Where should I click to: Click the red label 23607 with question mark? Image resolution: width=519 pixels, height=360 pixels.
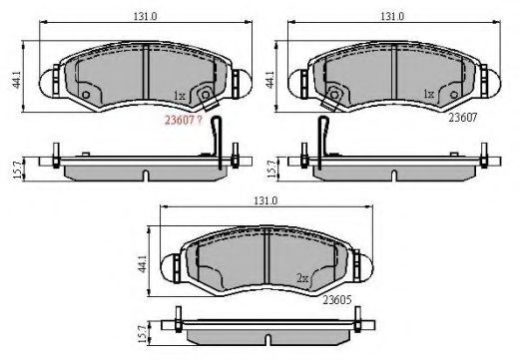(x=184, y=120)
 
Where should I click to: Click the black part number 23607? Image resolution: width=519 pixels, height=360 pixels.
(x=463, y=118)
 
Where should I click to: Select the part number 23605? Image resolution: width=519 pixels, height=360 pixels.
(x=337, y=300)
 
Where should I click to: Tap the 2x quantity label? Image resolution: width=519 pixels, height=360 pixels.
(x=302, y=278)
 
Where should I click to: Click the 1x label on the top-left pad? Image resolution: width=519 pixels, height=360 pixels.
(x=180, y=96)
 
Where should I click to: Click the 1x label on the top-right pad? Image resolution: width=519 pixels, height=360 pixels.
(x=429, y=94)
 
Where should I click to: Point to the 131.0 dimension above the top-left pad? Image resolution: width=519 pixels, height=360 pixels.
(x=146, y=16)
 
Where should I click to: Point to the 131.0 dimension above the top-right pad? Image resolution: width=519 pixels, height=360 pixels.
(x=392, y=16)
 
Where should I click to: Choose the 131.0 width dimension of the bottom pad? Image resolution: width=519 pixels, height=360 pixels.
(x=265, y=200)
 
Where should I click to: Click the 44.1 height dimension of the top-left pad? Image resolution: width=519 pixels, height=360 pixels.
(x=17, y=80)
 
